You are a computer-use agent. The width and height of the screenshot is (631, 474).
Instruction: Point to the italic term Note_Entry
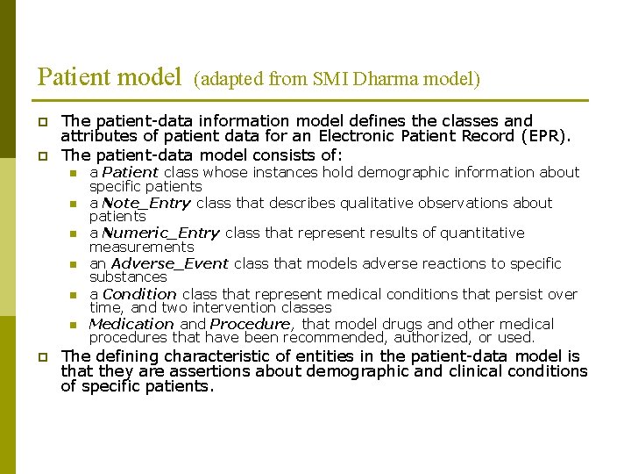coord(146,203)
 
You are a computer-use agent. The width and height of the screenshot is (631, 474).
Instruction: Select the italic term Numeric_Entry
coord(161,233)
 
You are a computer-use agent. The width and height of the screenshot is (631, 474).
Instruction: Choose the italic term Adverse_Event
coord(170,263)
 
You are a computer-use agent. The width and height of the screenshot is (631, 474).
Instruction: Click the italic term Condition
coord(139,294)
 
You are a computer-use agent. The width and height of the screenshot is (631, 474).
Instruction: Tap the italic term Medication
coord(131,324)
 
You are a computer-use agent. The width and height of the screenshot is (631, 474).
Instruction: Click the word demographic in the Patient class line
coord(407,172)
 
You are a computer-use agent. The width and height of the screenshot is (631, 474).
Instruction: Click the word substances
coord(128,276)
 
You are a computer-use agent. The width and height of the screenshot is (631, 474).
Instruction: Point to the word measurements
coord(141,247)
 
